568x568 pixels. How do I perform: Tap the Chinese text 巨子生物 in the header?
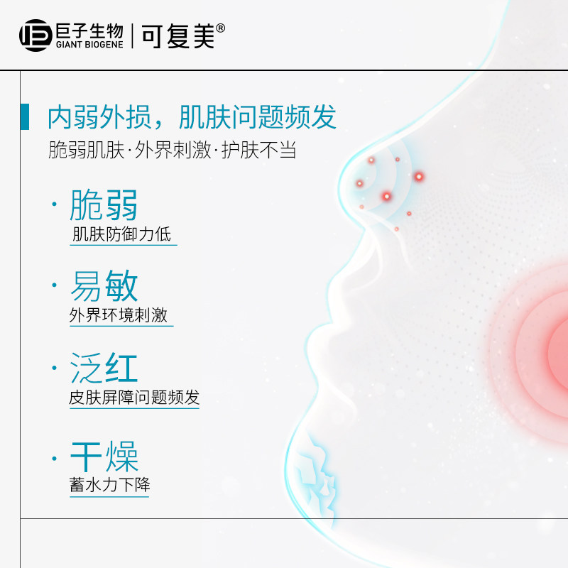point(89,30)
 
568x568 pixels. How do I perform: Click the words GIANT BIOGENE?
point(89,44)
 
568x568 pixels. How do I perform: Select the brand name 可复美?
point(177,35)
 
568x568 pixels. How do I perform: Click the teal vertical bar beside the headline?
point(25,116)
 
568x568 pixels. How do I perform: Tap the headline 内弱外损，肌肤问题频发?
point(192,117)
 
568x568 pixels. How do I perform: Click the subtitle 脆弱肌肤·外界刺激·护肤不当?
point(171,151)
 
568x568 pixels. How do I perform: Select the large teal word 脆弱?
point(104,204)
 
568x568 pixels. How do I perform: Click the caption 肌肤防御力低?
point(121,234)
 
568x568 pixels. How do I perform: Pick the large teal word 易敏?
point(104,286)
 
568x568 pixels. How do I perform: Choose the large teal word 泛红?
point(104,368)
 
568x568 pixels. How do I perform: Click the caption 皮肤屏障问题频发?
point(134,397)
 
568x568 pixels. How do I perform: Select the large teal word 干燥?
point(104,457)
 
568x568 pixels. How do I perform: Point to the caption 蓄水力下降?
point(109,486)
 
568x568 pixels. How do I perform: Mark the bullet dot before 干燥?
point(54,459)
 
